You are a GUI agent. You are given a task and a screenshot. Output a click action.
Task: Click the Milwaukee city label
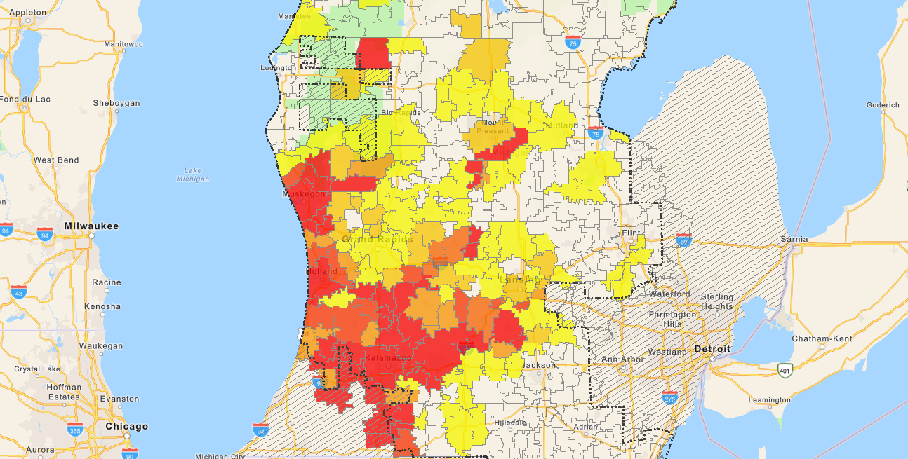[91, 226]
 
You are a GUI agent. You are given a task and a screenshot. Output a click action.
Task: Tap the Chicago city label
[126, 426]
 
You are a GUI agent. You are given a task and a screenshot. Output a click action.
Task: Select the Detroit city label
[712, 349]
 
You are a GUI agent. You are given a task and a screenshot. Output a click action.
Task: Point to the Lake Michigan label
[193, 174]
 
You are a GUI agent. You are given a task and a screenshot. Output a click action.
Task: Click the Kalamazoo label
[387, 359]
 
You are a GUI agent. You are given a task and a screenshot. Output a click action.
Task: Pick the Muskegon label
[304, 193]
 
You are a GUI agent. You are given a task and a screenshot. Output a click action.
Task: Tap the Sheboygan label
[116, 103]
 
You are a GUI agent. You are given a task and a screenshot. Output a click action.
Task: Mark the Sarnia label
[794, 239]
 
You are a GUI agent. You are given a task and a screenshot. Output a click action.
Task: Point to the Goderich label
[883, 105]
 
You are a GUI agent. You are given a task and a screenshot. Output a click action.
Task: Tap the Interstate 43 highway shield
[19, 291]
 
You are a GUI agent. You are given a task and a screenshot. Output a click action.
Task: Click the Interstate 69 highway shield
[683, 240]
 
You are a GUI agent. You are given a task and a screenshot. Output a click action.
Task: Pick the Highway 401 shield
[785, 369]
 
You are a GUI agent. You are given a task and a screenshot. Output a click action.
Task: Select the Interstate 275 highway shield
[671, 399]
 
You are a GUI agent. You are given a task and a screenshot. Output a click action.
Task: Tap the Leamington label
[770, 400]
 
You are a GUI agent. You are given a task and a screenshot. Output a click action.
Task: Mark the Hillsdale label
[511, 423]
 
